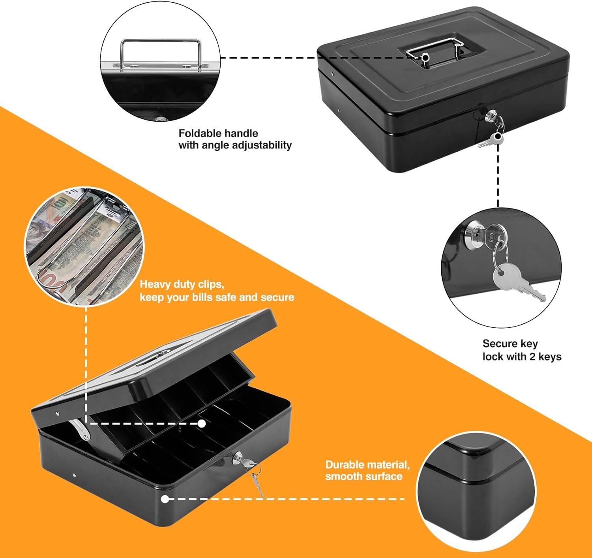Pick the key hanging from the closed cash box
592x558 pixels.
pos(491,141)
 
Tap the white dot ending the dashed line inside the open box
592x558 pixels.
pos(202,423)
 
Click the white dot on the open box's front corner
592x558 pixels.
pos(165,499)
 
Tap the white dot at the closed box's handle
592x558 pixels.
pos(425,57)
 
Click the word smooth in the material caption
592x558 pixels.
pos(343,476)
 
